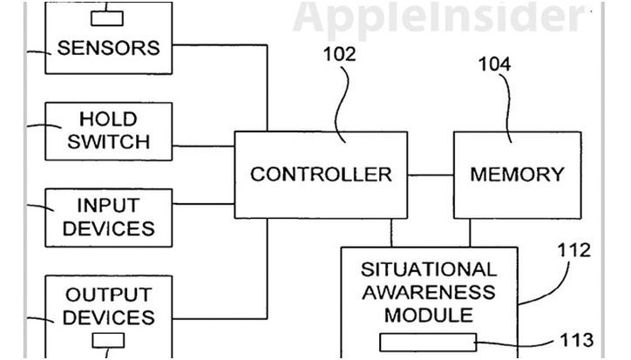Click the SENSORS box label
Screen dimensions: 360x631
coord(109,47)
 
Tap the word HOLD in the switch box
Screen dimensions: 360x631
coord(109,118)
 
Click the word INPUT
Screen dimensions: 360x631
coord(109,206)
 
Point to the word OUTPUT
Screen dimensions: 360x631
coord(109,295)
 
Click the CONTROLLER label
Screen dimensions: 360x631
coord(321,174)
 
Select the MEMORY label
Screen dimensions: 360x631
coord(517,174)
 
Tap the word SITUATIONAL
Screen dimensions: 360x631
coord(428,269)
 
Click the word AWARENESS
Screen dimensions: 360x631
coord(428,291)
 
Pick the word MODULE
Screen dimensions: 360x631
coord(428,314)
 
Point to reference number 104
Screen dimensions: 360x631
coord(494,65)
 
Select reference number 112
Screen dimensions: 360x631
coord(574,251)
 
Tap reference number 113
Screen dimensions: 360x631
coord(577,339)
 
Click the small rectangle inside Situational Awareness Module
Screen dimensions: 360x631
coord(428,340)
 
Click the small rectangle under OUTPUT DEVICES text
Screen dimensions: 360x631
coord(109,340)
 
